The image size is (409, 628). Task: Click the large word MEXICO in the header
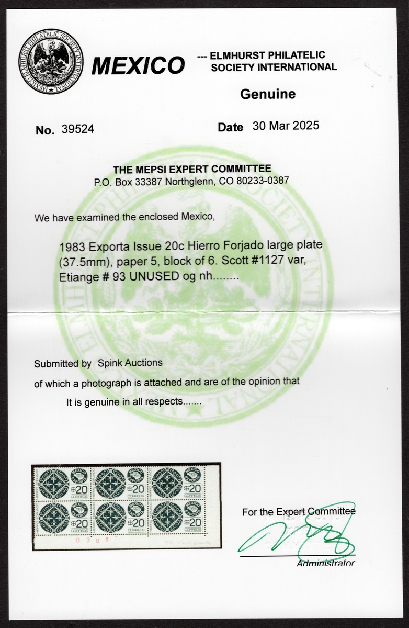pos(138,66)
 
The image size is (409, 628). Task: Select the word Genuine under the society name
pos(267,94)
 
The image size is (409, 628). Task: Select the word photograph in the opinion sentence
pos(121,382)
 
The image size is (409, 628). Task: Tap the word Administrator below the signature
pos(325,564)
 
